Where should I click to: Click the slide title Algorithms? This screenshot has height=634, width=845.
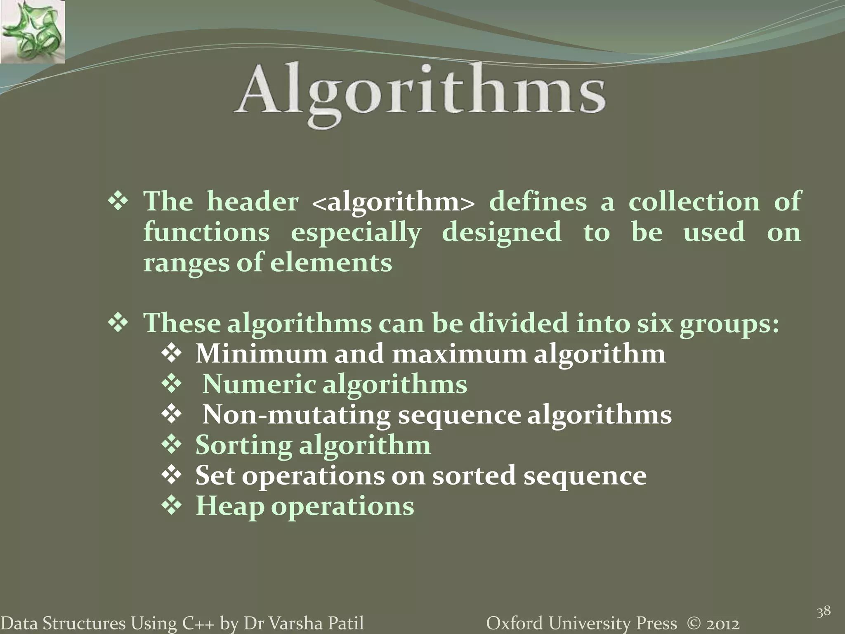(x=420, y=92)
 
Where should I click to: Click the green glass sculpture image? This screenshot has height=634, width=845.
(x=32, y=31)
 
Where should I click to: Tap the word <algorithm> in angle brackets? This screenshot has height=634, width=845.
(x=393, y=202)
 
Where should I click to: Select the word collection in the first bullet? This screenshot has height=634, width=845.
(x=694, y=202)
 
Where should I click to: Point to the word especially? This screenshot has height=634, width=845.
(x=356, y=233)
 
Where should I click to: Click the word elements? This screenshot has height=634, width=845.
(x=331, y=263)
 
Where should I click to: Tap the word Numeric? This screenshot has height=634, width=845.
(x=259, y=384)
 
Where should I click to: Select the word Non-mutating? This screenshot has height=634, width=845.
(x=296, y=415)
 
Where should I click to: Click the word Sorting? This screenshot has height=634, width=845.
(x=243, y=445)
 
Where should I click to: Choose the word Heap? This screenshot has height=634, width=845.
(x=229, y=506)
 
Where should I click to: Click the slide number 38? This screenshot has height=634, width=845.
(x=824, y=611)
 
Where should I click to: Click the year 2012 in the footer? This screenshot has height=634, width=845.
(x=722, y=623)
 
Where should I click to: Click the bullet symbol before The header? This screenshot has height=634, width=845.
(x=118, y=202)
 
